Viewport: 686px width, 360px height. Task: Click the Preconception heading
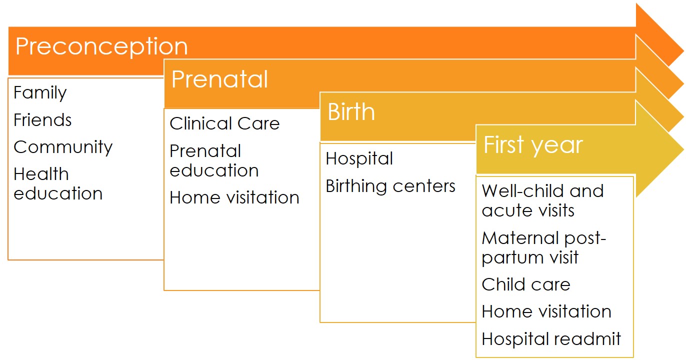[x=101, y=47]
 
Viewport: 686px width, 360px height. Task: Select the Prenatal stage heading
[x=219, y=79]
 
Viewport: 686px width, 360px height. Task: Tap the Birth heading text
[x=351, y=111]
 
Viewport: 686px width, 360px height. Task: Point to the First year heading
[x=533, y=145]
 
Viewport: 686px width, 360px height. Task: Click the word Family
[x=40, y=93]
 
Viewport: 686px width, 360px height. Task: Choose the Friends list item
[x=42, y=119]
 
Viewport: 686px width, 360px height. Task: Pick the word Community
[x=63, y=147]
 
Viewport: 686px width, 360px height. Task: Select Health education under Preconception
[x=58, y=183]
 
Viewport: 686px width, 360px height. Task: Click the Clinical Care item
[x=224, y=123]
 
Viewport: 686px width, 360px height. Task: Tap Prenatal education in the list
[x=214, y=160]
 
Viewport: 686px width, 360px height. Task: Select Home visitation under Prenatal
[x=234, y=197]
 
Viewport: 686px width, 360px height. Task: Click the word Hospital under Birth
[x=359, y=158]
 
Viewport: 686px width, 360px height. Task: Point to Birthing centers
[x=390, y=186]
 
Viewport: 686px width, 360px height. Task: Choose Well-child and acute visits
[x=542, y=200]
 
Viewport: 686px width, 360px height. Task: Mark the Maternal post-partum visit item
[x=544, y=247]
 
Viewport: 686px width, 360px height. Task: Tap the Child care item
[x=526, y=284]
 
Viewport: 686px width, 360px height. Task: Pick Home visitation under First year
[x=546, y=311]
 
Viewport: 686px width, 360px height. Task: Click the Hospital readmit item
[x=551, y=339]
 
